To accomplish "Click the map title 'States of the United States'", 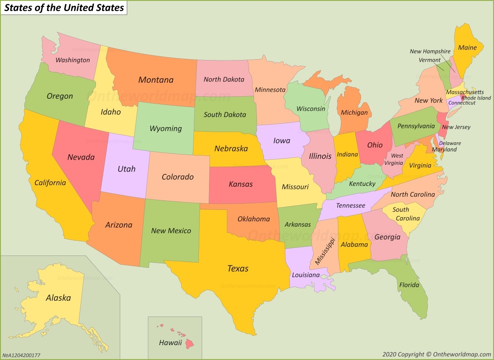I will pyautogui.click(x=64, y=8).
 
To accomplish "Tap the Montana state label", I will pyautogui.click(x=156, y=80).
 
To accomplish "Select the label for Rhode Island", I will pyautogui.click(x=476, y=98).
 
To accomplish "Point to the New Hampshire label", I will pyautogui.click(x=430, y=51).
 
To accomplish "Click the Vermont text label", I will pyautogui.click(x=430, y=60).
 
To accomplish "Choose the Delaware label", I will pyautogui.click(x=450, y=143).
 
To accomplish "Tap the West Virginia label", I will pyautogui.click(x=397, y=159).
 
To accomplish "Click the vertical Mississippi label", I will pyautogui.click(x=325, y=251).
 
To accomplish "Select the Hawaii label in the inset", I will pyautogui.click(x=170, y=342).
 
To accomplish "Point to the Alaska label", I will pyautogui.click(x=58, y=298).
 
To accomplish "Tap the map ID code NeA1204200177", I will pyautogui.click(x=21, y=355).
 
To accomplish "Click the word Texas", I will pyautogui.click(x=238, y=269).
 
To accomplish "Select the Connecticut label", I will pyautogui.click(x=462, y=103).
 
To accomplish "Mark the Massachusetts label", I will pyautogui.click(x=465, y=92).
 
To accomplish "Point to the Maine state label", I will pyautogui.click(x=467, y=48).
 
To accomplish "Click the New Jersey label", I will pyautogui.click(x=456, y=127).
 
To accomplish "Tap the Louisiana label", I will pyautogui.click(x=305, y=275).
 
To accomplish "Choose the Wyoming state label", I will pyautogui.click(x=165, y=128).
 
